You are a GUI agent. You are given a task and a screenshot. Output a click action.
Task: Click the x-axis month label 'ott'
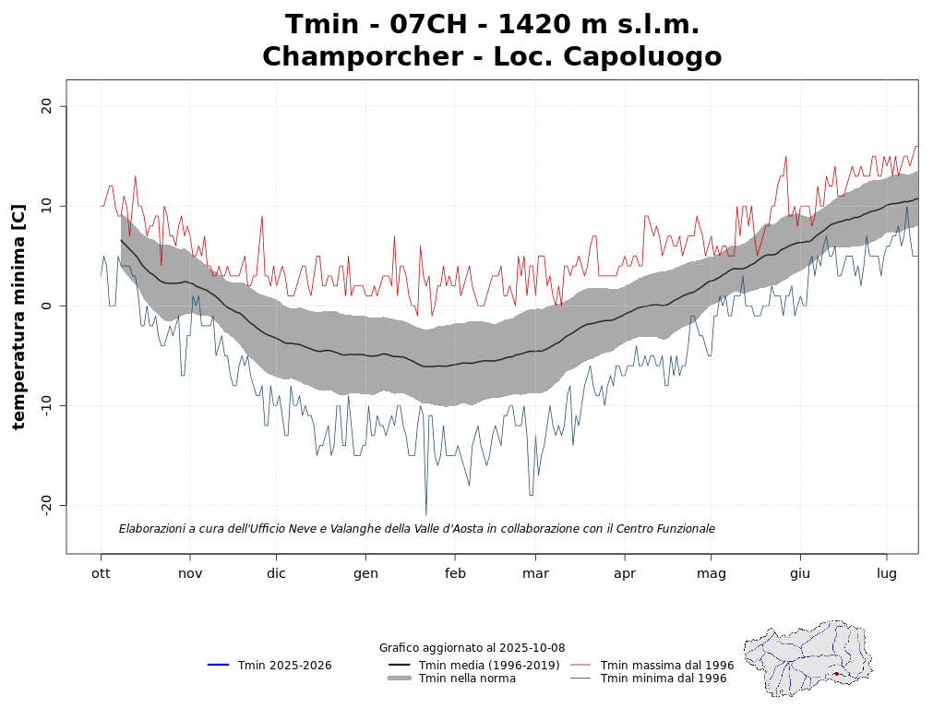coord(101,573)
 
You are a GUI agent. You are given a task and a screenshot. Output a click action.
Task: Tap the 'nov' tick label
coord(190,573)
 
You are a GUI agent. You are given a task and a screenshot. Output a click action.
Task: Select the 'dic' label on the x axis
coord(276,573)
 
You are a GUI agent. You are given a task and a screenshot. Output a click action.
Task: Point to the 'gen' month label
coord(365,573)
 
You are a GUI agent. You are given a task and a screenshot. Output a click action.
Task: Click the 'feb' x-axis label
coord(454,573)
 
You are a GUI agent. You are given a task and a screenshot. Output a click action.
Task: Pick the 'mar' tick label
coord(535,573)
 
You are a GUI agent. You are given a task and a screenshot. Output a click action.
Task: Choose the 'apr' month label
coord(625,573)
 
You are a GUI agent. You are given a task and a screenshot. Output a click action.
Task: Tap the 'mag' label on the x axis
coord(711,573)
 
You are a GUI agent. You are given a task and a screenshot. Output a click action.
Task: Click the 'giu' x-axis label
coord(799,573)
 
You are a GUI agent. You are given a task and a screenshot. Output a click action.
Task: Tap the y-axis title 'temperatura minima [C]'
coord(18,317)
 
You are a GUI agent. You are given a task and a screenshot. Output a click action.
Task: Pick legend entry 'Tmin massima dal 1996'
coord(666,666)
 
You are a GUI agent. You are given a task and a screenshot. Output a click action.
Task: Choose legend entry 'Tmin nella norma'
coord(467,679)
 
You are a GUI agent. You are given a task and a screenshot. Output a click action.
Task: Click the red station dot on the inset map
coord(836,674)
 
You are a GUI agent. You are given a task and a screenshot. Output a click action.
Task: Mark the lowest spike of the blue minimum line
coord(425,514)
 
